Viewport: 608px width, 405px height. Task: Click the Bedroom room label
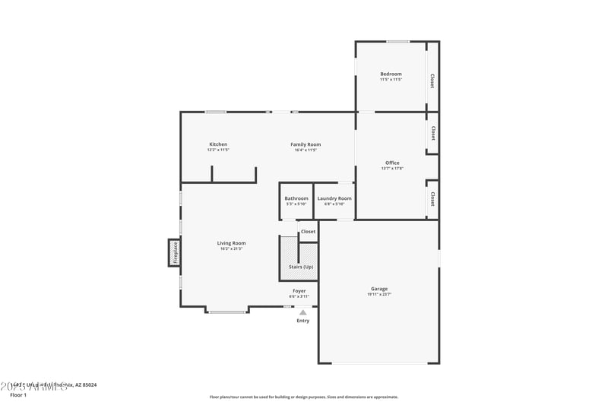(391, 74)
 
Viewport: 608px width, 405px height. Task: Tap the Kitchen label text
(218, 144)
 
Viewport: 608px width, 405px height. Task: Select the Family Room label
(306, 144)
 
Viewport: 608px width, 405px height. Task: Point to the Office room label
(392, 163)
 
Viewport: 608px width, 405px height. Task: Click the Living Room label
(231, 243)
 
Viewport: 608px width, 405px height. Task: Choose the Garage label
(379, 289)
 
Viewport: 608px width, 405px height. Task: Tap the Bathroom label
(296, 198)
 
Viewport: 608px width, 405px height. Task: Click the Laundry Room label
(334, 198)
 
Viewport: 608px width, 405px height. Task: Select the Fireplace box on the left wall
(174, 252)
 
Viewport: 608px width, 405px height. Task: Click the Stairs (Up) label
(299, 267)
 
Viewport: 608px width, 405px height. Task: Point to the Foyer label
(299, 291)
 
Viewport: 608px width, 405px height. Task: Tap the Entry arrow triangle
(302, 312)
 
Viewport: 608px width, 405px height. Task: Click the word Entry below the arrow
(302, 321)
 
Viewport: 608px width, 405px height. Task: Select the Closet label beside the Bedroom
(432, 81)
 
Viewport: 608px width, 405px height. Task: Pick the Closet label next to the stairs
(308, 231)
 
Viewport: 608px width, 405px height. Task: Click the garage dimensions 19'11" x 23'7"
(379, 294)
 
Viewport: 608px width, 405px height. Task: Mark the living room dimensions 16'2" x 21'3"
(231, 248)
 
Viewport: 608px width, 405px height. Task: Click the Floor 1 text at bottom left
(18, 395)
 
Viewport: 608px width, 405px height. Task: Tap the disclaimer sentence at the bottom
(304, 397)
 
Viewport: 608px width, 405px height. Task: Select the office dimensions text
(392, 168)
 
